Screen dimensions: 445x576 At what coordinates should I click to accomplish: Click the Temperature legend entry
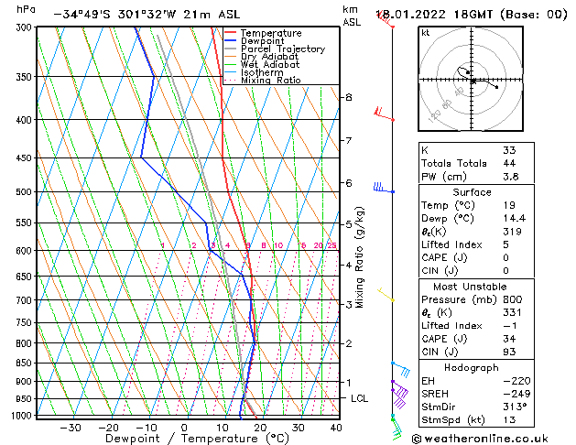[265, 33]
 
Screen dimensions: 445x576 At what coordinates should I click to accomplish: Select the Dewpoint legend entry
[261, 41]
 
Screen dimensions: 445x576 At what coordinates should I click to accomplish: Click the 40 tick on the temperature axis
[336, 428]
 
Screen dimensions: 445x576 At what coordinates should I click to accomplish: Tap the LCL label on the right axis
[360, 398]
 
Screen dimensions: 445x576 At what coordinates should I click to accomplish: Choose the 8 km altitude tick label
[348, 97]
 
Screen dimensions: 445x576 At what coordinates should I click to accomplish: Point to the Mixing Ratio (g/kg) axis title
[361, 257]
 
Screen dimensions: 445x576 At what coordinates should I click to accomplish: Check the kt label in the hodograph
[425, 33]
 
